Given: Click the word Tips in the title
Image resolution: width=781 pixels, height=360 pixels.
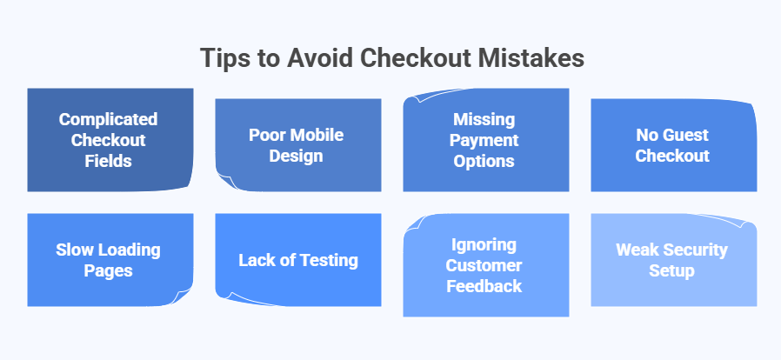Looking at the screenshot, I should pos(222,58).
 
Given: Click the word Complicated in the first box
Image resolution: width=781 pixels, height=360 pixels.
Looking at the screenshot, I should pos(109,119).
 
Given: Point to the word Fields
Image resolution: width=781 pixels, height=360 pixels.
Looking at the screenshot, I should pos(109,160).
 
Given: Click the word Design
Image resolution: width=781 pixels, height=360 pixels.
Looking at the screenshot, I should pos(297,157).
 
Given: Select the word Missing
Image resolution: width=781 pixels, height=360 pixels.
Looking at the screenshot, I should pos(484,119).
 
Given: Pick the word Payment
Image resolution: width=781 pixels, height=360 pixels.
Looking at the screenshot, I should pos(484,140).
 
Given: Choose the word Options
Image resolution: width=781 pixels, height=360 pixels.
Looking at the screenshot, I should pos(484,161).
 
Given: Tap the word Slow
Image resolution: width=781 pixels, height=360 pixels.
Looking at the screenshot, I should pos(76,250).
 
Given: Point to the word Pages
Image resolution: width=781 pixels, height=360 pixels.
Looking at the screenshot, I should pos(109,270).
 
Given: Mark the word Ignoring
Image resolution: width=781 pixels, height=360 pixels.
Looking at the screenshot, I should pos(484,244).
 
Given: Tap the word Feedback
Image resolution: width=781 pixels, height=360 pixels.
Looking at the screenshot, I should pos(484,286).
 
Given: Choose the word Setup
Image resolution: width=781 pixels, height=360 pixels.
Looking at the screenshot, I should pos(671,270).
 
